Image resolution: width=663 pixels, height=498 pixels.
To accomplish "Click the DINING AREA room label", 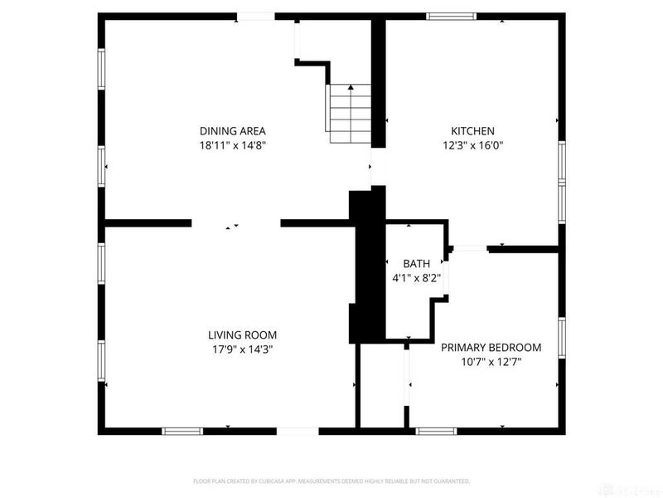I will [232, 130].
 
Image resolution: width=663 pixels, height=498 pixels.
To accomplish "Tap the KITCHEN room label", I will [472, 130].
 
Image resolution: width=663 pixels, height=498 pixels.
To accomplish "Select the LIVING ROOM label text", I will [242, 334].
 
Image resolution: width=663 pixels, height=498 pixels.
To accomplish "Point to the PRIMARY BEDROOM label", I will [491, 347].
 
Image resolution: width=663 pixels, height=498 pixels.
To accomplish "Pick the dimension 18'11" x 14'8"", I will [232, 145].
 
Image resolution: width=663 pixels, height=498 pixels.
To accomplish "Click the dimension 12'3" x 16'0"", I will [472, 145].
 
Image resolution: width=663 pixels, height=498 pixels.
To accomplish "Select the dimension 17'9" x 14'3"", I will [242, 349].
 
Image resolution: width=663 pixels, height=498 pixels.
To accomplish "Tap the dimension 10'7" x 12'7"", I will [491, 362].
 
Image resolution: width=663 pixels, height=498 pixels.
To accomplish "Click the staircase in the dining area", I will [348, 113].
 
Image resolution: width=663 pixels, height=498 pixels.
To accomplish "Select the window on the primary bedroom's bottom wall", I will [437, 431].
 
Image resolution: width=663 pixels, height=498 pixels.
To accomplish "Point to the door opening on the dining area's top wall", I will [255, 16].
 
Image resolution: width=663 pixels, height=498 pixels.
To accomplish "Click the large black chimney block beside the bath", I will [367, 266].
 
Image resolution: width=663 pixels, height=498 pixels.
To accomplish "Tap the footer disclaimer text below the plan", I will [331, 481].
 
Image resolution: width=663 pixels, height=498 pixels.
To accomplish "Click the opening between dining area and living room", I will [236, 223].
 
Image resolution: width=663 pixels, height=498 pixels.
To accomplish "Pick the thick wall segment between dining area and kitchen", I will [378, 83].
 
